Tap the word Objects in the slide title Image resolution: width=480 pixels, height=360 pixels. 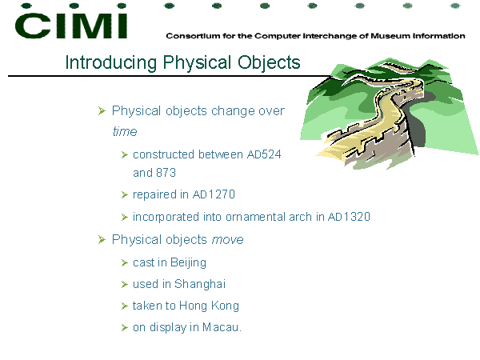[x=269, y=62]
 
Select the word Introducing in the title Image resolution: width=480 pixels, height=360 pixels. [x=111, y=62]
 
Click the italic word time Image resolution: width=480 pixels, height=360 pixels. [x=125, y=131]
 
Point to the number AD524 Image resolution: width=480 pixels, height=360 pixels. [x=264, y=154]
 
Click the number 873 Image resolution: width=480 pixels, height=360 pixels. [x=166, y=173]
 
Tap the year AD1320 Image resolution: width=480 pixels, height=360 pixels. [x=349, y=217]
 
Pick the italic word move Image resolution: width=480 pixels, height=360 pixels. [x=227, y=240]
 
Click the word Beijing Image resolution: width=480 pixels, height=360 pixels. [x=188, y=263]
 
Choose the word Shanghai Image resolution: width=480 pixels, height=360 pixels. [x=200, y=284]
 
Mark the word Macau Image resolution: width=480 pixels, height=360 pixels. [x=222, y=327]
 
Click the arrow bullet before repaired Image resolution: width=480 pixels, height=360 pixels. [x=124, y=194]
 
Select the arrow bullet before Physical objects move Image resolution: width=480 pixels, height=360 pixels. [x=102, y=240]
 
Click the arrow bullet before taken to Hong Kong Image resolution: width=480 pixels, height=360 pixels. [x=124, y=306]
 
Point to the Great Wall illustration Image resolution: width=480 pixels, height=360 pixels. [x=390, y=114]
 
